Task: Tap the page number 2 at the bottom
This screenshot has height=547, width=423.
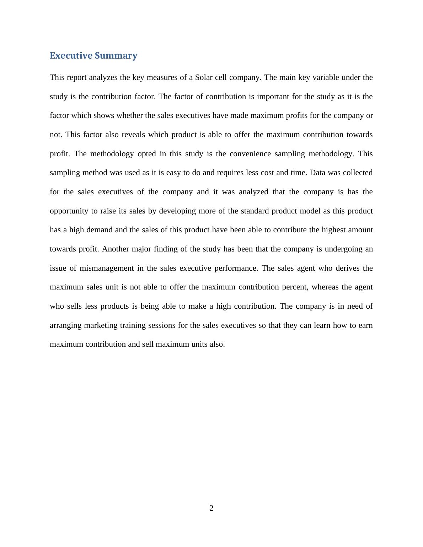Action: pos(211,508)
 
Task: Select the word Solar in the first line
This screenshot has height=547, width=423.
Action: pos(204,77)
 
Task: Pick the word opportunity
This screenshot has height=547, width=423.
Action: pos(69,211)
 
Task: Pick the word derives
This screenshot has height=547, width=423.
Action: pos(347,268)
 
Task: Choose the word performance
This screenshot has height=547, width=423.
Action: pos(236,268)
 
